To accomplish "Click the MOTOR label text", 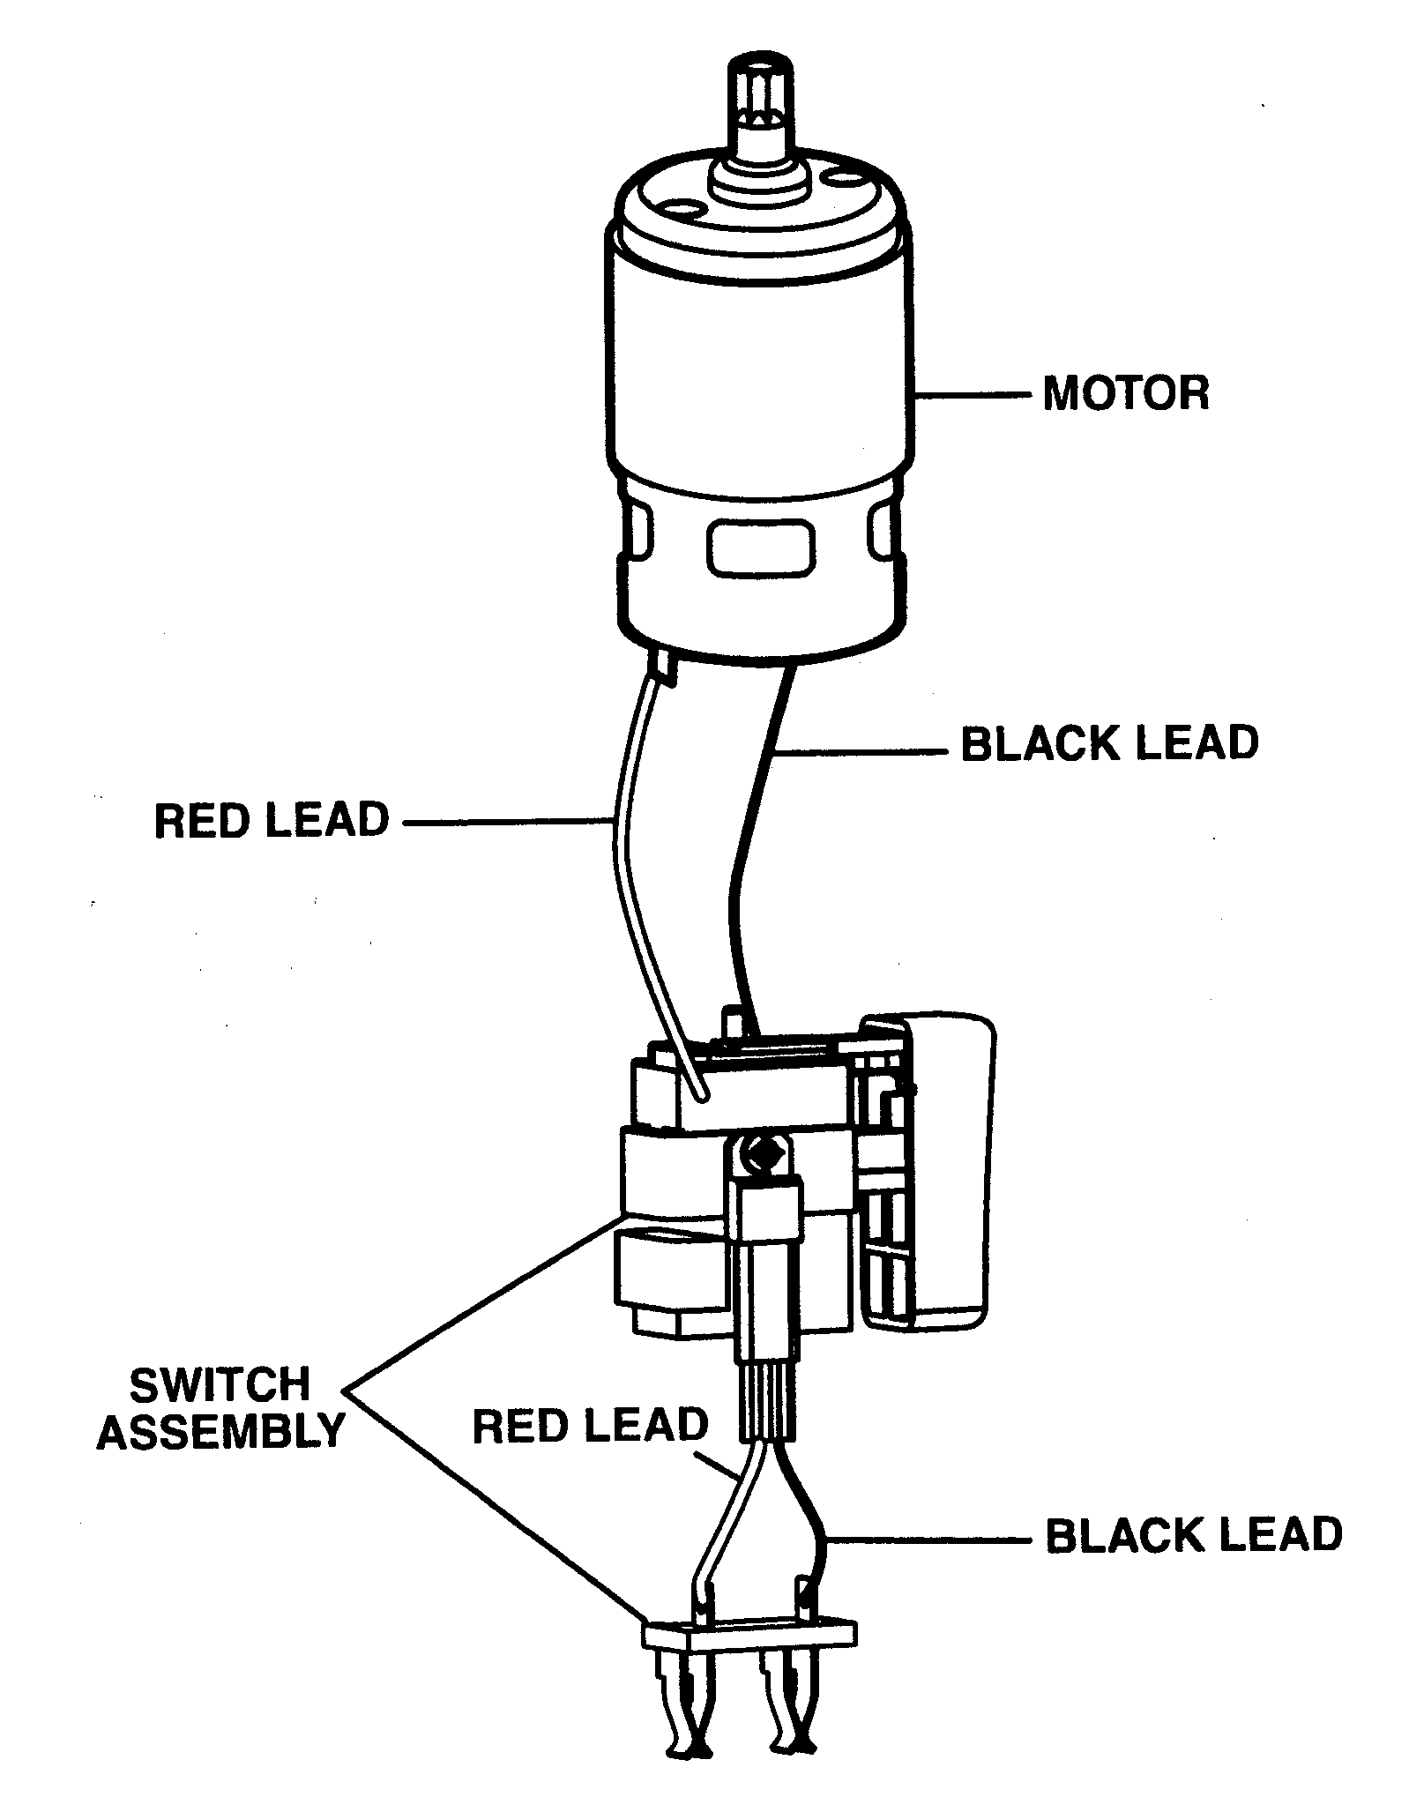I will [x=1125, y=393].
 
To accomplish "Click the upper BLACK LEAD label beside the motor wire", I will [x=1109, y=744].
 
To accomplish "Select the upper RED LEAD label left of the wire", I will [x=272, y=820].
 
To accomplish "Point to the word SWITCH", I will [x=220, y=1385].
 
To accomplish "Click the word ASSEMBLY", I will [x=220, y=1430].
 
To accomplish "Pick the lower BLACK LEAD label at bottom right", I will [x=1193, y=1535].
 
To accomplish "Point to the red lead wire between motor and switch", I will [x=626, y=882].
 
